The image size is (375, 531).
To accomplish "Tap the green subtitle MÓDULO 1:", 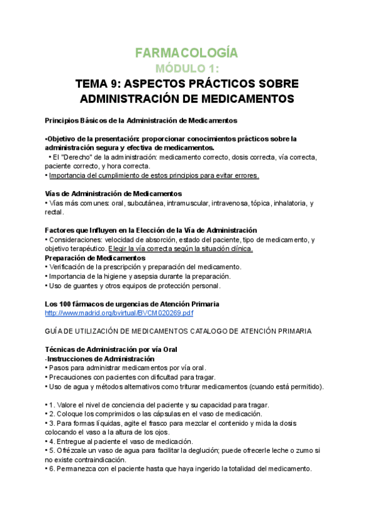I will click(x=187, y=68).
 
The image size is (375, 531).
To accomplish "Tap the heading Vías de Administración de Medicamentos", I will click(x=114, y=193).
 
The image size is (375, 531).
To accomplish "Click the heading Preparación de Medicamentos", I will click(x=95, y=258).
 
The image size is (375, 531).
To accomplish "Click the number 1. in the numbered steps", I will click(x=52, y=405).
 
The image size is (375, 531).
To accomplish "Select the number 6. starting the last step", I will click(x=52, y=469).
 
